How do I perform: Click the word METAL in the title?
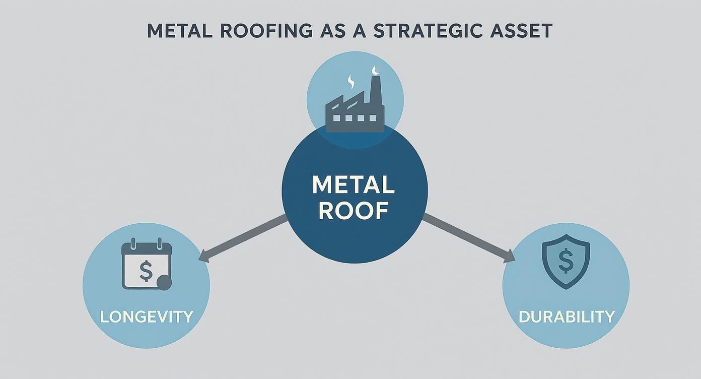177,31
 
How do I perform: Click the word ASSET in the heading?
523,31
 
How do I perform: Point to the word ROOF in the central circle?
354,210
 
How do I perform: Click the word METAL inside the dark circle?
354,185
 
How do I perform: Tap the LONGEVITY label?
147,317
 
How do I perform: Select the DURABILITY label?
567,317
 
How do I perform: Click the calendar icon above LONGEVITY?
147,266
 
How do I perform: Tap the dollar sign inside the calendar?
146,271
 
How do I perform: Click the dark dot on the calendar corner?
164,283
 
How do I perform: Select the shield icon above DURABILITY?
566,261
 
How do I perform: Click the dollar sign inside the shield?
566,261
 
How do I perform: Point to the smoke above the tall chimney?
374,70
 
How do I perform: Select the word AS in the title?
330,31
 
